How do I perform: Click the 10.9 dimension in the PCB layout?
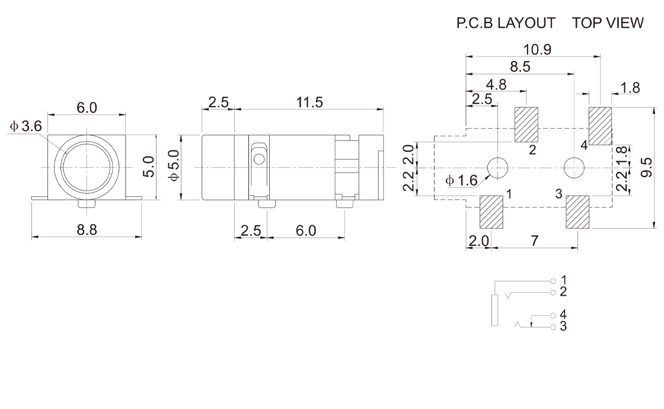pyautogui.click(x=537, y=50)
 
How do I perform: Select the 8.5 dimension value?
pyautogui.click(x=520, y=67)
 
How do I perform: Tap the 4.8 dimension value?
pyautogui.click(x=496, y=85)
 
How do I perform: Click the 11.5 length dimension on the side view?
pyautogui.click(x=309, y=103)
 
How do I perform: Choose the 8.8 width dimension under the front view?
pyautogui.click(x=87, y=230)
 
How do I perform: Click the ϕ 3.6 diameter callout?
pyautogui.click(x=26, y=126)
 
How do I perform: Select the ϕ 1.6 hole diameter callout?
pyautogui.click(x=462, y=181)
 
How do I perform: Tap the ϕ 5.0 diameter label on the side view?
pyautogui.click(x=174, y=165)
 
